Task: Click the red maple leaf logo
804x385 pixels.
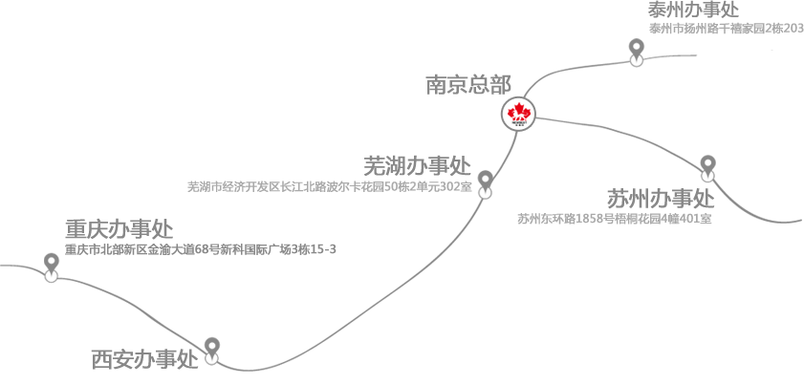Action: tap(517, 114)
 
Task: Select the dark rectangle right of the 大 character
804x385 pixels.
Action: tap(260, 245)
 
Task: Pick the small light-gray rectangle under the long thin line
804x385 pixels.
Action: tap(328, 200)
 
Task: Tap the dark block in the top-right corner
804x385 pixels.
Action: tap(693, 9)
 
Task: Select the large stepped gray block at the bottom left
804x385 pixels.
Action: tap(239, 320)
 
